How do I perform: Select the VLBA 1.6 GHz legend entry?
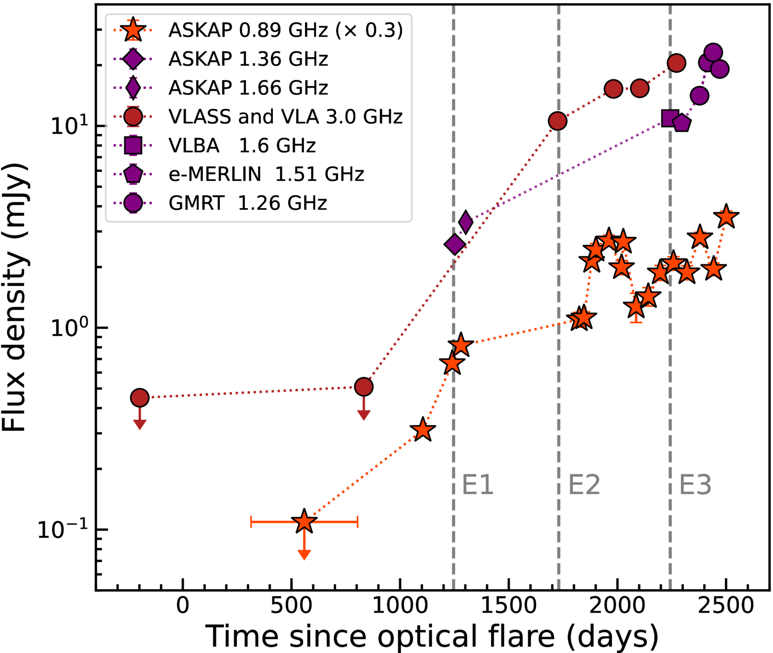242,145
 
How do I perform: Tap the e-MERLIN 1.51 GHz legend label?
266,174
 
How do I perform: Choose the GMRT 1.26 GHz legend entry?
248,203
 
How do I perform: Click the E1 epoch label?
478,485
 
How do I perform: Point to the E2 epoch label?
584,485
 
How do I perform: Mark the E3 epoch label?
695,485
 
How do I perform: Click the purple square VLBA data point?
670,118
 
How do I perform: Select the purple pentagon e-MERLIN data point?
682,123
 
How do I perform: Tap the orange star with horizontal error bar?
304,521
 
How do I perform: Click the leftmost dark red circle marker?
140,398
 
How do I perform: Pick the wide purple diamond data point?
455,245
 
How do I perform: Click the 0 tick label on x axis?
183,606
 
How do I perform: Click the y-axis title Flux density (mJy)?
15,298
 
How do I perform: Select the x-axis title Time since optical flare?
432,636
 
